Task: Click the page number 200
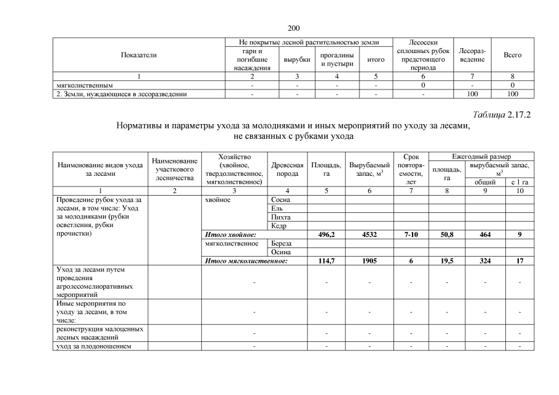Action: click(x=293, y=28)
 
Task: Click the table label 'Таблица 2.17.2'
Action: click(x=502, y=115)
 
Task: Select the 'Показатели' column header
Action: click(x=140, y=55)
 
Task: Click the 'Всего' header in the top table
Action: click(x=513, y=55)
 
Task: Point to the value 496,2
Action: click(x=326, y=235)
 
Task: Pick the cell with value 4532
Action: click(x=369, y=235)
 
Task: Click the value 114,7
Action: click(x=326, y=261)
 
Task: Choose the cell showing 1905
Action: click(x=369, y=261)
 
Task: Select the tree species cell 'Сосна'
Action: click(x=280, y=200)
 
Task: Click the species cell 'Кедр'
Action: click(x=279, y=226)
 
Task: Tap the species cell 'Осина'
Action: click(x=281, y=252)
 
